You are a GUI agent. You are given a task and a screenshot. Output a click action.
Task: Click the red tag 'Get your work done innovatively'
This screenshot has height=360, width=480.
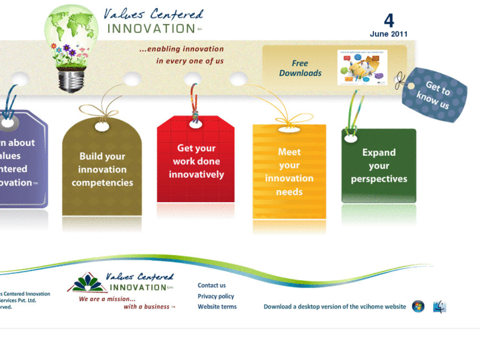pyautogui.click(x=196, y=162)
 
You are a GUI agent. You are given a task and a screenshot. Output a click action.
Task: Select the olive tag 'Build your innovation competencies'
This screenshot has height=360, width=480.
pyautogui.click(x=102, y=170)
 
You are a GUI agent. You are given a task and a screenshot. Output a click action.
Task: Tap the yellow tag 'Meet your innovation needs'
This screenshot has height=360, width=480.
pyautogui.click(x=289, y=172)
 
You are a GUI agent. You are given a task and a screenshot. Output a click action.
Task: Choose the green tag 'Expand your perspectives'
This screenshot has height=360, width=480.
pyautogui.click(x=379, y=166)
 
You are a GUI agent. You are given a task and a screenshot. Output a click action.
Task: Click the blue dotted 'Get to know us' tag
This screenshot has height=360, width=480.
pyautogui.click(x=434, y=95)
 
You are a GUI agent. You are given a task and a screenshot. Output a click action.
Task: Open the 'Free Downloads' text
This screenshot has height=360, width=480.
pyautogui.click(x=300, y=68)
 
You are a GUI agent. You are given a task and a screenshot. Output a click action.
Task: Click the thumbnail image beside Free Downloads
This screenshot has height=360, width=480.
pyautogui.click(x=362, y=67)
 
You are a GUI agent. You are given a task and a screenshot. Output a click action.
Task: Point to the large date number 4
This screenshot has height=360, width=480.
pyautogui.click(x=389, y=20)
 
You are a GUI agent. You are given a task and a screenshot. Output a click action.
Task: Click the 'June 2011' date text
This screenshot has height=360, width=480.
pyautogui.click(x=389, y=34)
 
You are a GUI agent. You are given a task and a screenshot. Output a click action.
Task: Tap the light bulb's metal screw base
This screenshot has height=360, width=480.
pyautogui.click(x=72, y=81)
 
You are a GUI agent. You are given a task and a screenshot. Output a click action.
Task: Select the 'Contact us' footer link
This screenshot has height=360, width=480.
pyautogui.click(x=212, y=285)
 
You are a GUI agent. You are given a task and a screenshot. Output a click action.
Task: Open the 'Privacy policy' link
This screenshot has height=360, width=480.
pyautogui.click(x=216, y=296)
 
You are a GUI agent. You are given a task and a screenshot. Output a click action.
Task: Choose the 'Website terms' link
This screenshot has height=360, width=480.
pyautogui.click(x=217, y=306)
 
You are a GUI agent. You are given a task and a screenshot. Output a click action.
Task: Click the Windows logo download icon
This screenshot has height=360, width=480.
pyautogui.click(x=418, y=306)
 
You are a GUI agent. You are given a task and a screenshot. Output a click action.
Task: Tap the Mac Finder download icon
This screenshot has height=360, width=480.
pyautogui.click(x=440, y=306)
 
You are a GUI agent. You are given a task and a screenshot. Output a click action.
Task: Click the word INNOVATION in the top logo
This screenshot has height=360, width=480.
pyautogui.click(x=151, y=28)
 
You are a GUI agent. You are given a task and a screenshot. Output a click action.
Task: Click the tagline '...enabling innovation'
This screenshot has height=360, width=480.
pyautogui.click(x=182, y=49)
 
